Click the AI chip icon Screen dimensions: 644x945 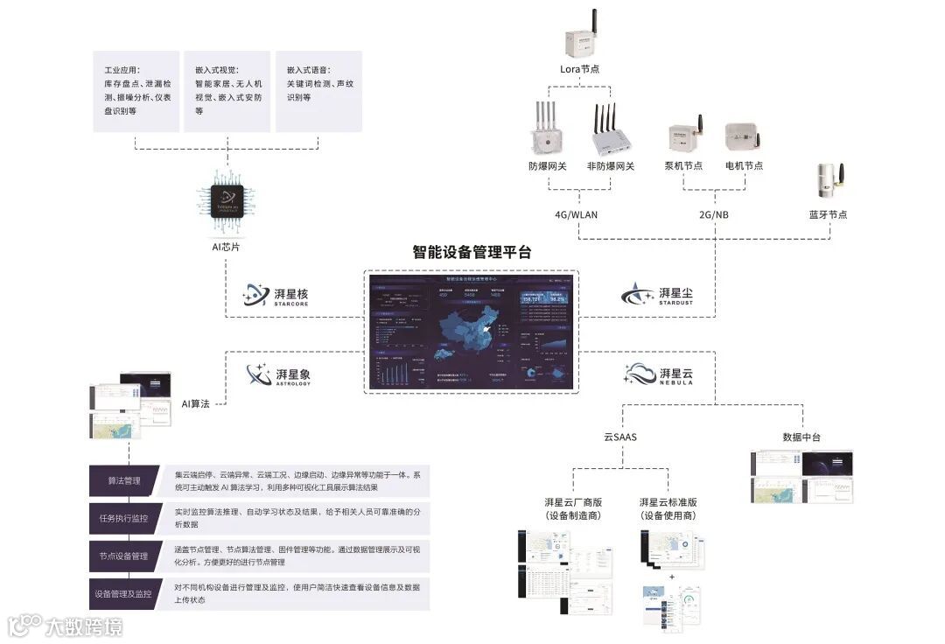(227, 199)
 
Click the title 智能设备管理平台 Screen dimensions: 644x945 (472, 252)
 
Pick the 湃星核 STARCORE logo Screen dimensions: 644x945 (276, 296)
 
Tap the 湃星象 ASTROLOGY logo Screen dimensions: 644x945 (279, 375)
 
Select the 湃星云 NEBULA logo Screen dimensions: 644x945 (658, 374)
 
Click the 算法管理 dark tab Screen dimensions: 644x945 (124, 480)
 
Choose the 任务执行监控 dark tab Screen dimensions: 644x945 (124, 518)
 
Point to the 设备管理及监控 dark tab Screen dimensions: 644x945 (124, 594)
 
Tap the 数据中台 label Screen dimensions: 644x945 (801, 437)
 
